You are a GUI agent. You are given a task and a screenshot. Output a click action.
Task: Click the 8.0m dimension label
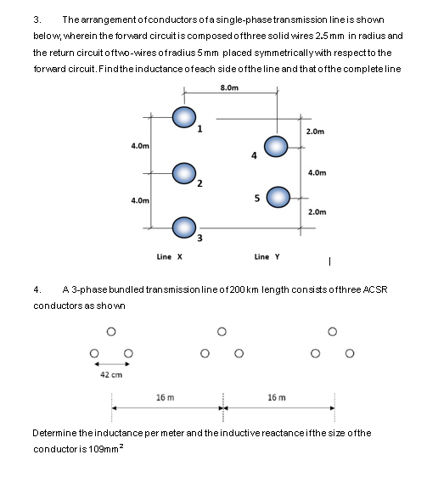click(229, 87)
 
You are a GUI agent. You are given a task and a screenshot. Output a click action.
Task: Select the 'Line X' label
click(171, 256)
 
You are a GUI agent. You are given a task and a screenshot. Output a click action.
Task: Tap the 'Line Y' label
click(267, 256)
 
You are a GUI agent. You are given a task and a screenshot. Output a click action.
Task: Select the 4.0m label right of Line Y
click(316, 172)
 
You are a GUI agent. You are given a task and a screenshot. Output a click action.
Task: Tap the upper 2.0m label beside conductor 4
click(316, 132)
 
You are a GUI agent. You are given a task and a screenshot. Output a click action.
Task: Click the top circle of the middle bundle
click(222, 331)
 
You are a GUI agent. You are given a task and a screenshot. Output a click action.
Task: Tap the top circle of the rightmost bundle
click(332, 331)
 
